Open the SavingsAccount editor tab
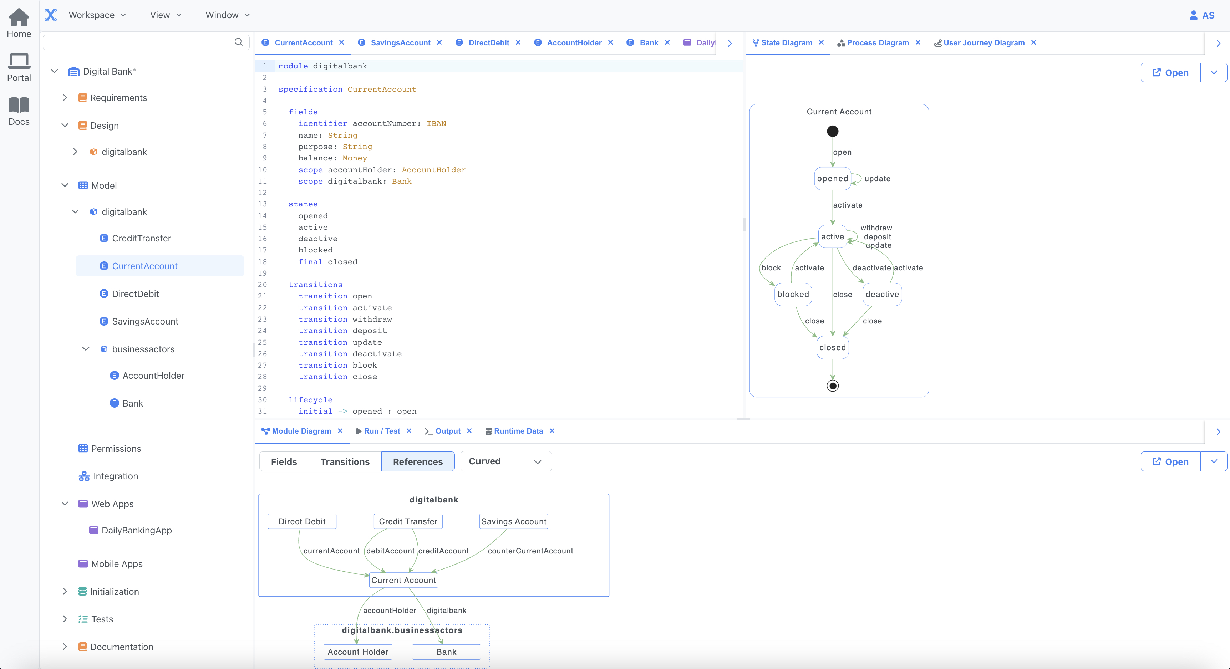(x=400, y=42)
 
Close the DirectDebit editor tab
(x=518, y=42)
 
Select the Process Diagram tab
(x=877, y=42)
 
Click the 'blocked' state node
(x=793, y=295)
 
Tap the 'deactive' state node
(x=882, y=295)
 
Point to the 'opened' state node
(x=832, y=178)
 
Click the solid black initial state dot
(x=832, y=131)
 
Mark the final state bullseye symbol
(x=832, y=385)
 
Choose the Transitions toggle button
(x=345, y=461)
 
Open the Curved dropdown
(x=505, y=461)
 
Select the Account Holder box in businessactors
(x=358, y=652)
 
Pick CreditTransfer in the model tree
(x=141, y=238)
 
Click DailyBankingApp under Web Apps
(x=137, y=530)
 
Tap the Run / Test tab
(x=381, y=431)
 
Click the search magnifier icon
(x=238, y=42)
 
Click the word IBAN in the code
(x=436, y=124)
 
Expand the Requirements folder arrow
(x=65, y=98)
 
